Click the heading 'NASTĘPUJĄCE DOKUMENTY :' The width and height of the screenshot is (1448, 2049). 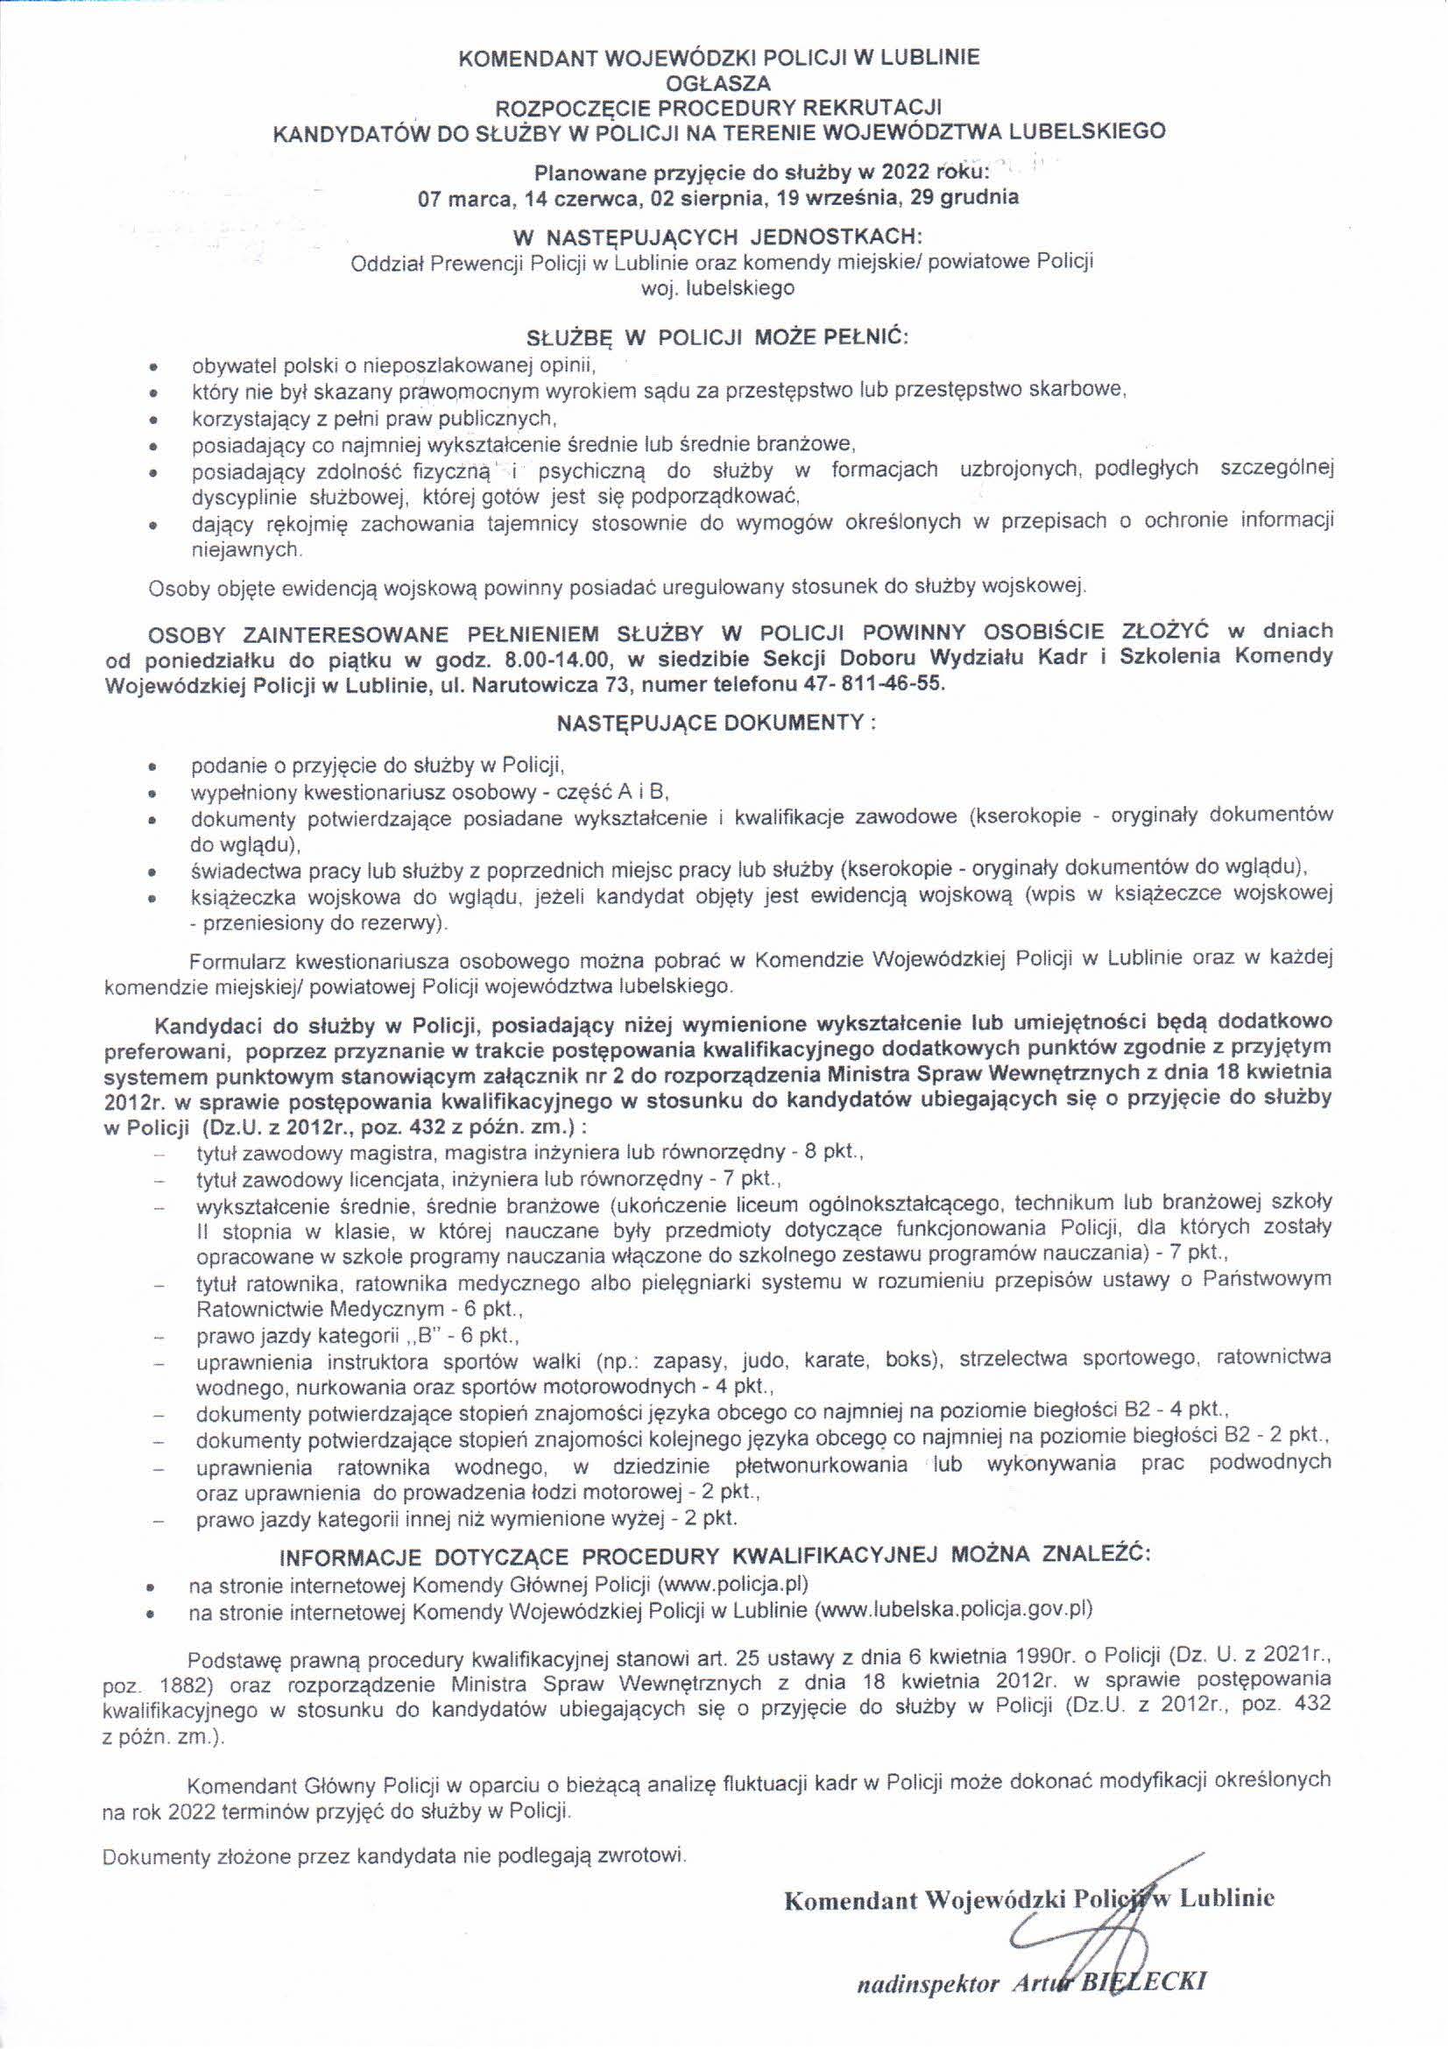coord(717,723)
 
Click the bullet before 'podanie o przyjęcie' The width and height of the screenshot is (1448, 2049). coord(155,767)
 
